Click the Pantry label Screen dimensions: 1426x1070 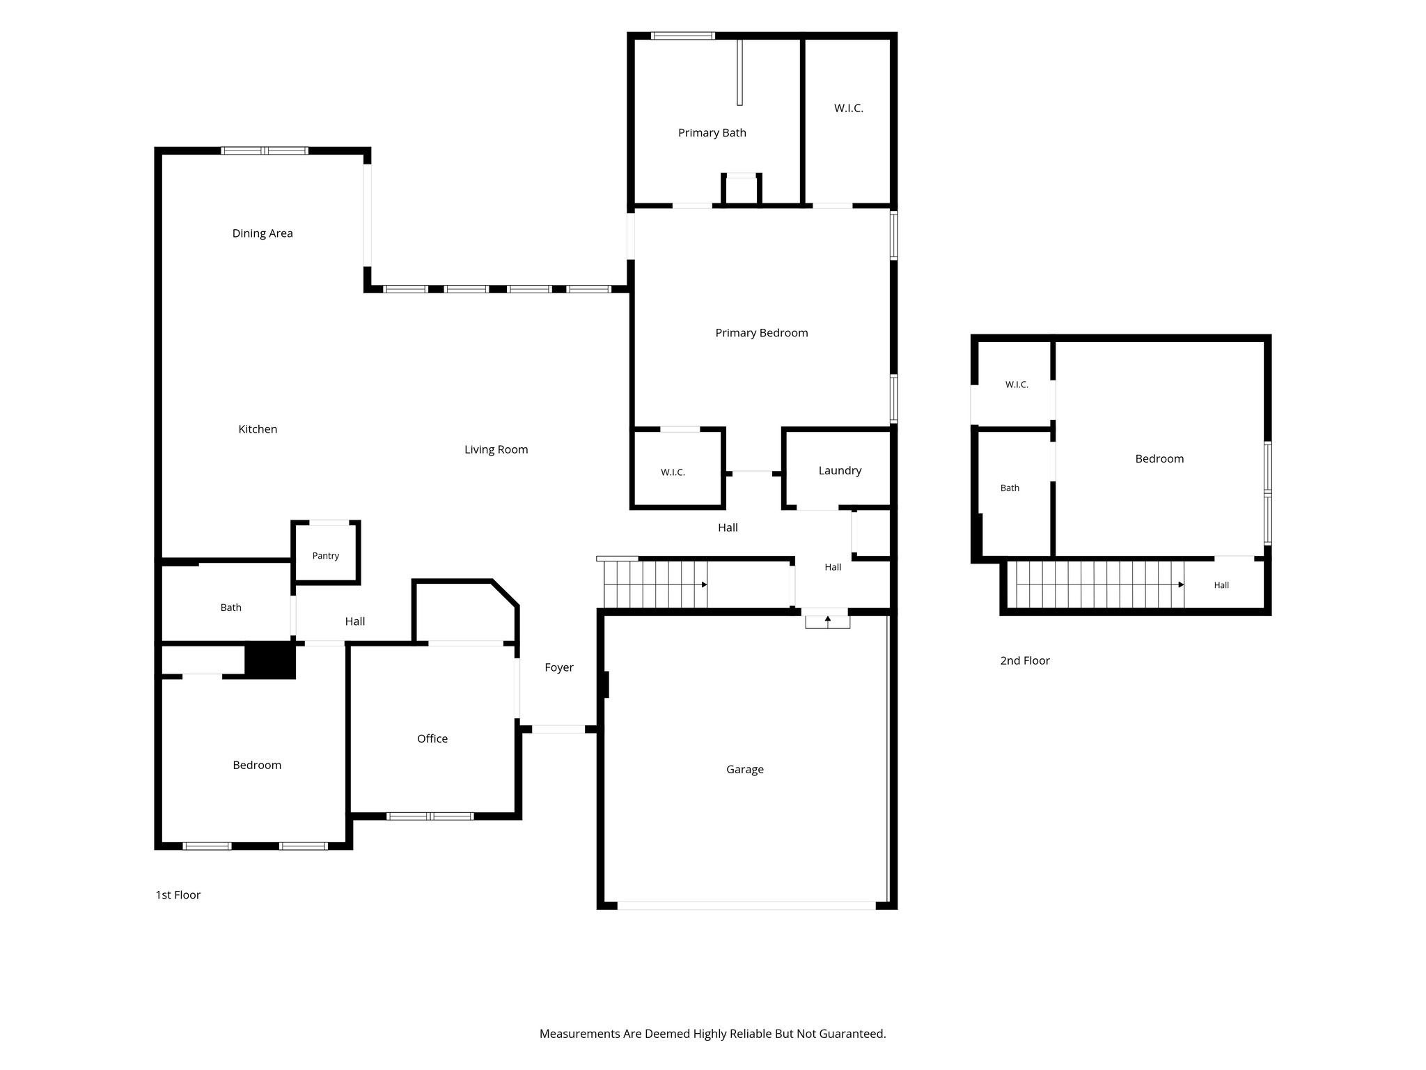point(326,556)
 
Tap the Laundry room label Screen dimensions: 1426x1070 point(840,471)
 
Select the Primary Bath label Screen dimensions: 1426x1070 point(712,133)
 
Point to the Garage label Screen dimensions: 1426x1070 point(745,770)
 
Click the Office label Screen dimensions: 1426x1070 point(432,738)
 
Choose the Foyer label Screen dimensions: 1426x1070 point(559,667)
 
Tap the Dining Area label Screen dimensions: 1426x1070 point(263,233)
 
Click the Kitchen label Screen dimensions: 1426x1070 point(258,429)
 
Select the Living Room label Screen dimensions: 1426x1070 point(496,450)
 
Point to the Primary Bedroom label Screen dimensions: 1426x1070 point(762,333)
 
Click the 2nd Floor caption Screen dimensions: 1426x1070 point(1025,660)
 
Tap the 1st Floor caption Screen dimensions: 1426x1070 point(178,895)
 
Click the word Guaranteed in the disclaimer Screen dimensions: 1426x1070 point(852,1034)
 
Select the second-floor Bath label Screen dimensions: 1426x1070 point(1010,488)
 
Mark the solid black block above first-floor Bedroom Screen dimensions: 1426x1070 point(270,660)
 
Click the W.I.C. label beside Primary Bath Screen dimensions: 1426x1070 point(849,108)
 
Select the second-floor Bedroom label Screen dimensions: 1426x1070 point(1159,458)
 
